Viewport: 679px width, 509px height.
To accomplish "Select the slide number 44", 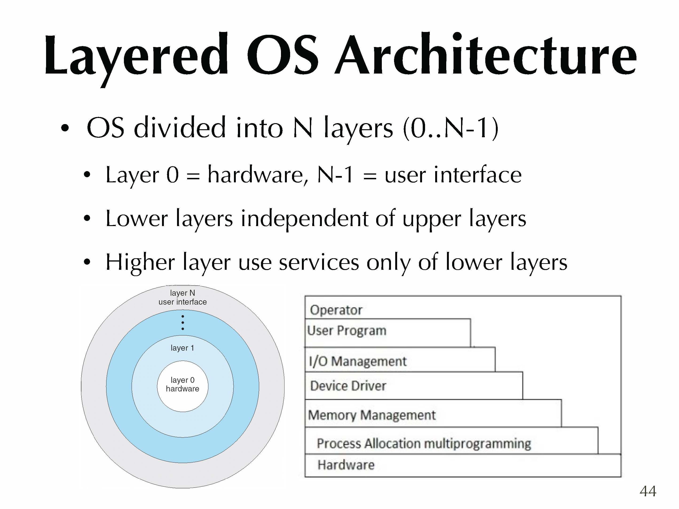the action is pos(648,491).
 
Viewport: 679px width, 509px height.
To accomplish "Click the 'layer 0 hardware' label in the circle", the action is pos(182,384).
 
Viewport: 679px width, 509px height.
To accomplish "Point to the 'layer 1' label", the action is pos(182,348).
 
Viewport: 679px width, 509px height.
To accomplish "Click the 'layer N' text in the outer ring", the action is pos(182,293).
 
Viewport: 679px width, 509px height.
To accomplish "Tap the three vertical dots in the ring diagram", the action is pos(183,322).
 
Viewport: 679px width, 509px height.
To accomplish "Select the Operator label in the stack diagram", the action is pos(336,310).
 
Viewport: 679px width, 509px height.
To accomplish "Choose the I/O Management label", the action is pos(358,361).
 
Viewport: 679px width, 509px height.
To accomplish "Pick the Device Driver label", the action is pos(348,386).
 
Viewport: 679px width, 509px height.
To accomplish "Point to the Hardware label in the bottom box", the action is pos(346,465).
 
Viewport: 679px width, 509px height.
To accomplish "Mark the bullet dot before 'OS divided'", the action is pos(65,128).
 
